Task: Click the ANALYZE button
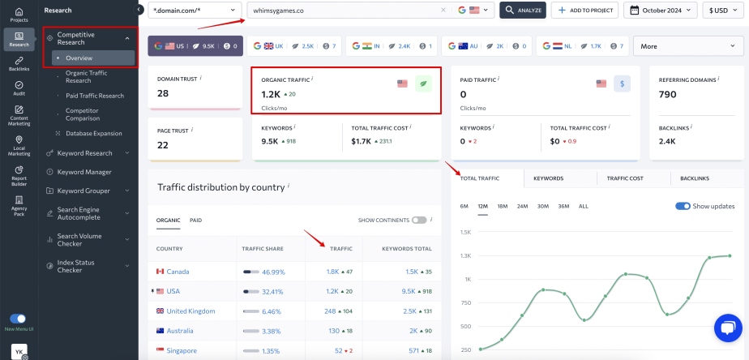[x=522, y=11]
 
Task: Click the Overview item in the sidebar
[x=79, y=58]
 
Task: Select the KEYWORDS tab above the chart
[x=548, y=178]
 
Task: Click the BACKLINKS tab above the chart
[x=695, y=178]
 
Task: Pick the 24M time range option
[x=522, y=206]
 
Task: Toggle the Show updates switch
[x=683, y=206]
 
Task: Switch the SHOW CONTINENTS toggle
[x=418, y=220]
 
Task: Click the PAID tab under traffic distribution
[x=196, y=220]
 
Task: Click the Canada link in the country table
[x=178, y=272]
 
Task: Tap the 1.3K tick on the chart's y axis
[x=465, y=255]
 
